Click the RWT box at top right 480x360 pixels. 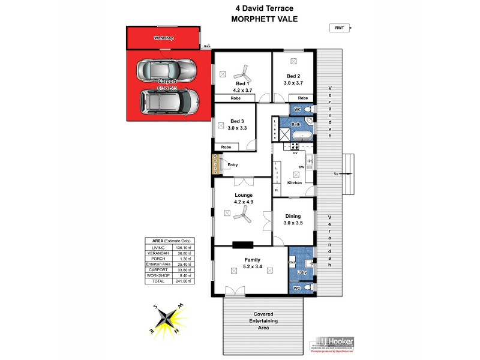339,28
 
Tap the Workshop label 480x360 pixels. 163,38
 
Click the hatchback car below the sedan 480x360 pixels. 169,102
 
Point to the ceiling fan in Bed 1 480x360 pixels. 244,72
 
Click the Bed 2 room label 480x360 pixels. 293,76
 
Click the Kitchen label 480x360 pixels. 294,182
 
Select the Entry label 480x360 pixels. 233,164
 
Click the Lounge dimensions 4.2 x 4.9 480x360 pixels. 244,202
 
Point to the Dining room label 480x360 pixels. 293,215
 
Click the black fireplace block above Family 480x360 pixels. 242,244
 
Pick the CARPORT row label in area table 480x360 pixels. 158,270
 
